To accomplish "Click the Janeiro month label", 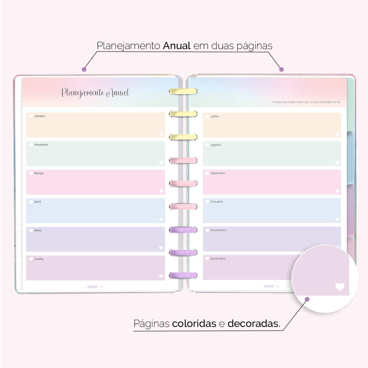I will pyautogui.click(x=40, y=116).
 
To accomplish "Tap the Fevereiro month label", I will pyautogui.click(x=41, y=145).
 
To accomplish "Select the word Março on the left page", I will pyautogui.click(x=39, y=173).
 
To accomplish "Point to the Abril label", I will pyautogui.click(x=37, y=202).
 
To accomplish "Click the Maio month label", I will pyautogui.click(x=38, y=230).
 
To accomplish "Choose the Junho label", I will pyautogui.click(x=39, y=259).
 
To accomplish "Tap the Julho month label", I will pyautogui.click(x=214, y=117).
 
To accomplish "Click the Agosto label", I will pyautogui.click(x=216, y=145).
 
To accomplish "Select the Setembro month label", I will pyautogui.click(x=218, y=173).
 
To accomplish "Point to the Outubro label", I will pyautogui.click(x=217, y=202).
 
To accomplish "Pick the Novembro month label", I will pyautogui.click(x=218, y=230).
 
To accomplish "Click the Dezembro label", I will pyautogui.click(x=218, y=259).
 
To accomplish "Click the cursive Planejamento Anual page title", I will pyautogui.click(x=95, y=93).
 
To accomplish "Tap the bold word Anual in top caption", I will pyautogui.click(x=177, y=46).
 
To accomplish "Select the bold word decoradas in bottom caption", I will pyautogui.click(x=254, y=324).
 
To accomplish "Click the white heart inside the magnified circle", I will pyautogui.click(x=340, y=286).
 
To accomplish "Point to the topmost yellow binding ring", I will pyautogui.click(x=183, y=91).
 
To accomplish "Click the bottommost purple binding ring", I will pyautogui.click(x=183, y=275).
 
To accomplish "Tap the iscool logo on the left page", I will pyautogui.click(x=95, y=287).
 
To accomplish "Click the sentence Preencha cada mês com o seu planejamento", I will pyautogui.click(x=306, y=102).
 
